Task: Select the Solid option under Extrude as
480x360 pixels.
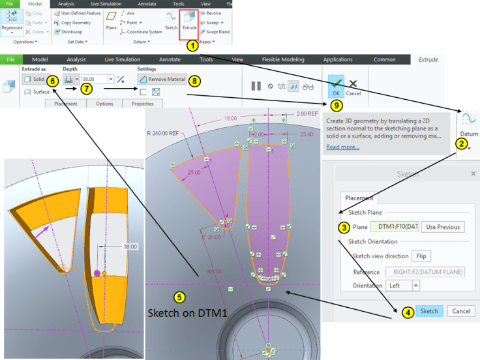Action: tap(33, 78)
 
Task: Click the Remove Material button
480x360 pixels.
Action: tap(161, 78)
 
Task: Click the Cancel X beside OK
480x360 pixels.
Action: tap(353, 87)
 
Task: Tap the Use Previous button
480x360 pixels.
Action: tap(443, 227)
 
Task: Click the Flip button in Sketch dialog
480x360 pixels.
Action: tap(421, 256)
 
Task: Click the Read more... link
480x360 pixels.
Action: tap(342, 147)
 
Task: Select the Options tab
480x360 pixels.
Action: tap(104, 104)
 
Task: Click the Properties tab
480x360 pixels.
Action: tap(142, 104)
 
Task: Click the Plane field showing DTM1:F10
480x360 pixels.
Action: tap(394, 227)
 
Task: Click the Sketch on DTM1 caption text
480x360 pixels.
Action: tap(188, 314)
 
